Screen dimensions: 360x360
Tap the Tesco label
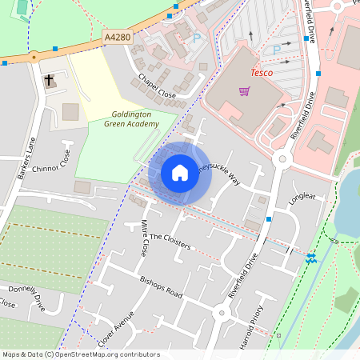(x=262, y=73)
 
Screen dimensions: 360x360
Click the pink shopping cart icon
(x=244, y=90)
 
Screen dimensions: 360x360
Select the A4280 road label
(x=118, y=36)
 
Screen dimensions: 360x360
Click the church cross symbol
(x=50, y=81)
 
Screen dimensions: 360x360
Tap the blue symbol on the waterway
(x=310, y=258)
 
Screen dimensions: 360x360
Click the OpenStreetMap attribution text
(x=81, y=354)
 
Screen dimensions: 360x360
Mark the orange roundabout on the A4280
(x=34, y=58)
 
